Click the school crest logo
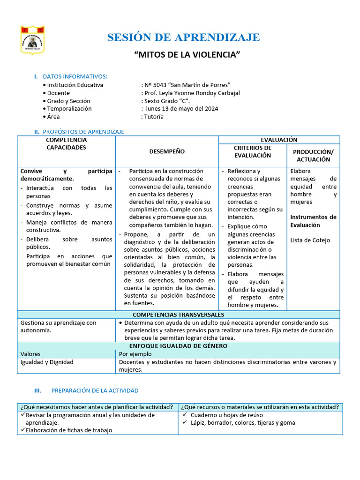pyautogui.click(x=32, y=41)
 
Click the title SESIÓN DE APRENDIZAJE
pyautogui.click(x=183, y=37)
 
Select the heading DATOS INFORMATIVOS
pyautogui.click(x=75, y=76)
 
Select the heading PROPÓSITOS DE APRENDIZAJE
pyautogui.click(x=83, y=132)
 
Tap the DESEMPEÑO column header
pyautogui.click(x=167, y=151)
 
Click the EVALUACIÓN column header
pyautogui.click(x=279, y=140)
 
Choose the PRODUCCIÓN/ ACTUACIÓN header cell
pyautogui.click(x=313, y=156)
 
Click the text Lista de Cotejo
pyautogui.click(x=310, y=240)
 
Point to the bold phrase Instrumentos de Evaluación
pyautogui.click(x=313, y=221)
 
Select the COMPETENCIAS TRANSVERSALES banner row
pyautogui.click(x=179, y=315)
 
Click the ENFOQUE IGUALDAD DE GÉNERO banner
pyautogui.click(x=179, y=346)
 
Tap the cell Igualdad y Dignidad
pyautogui.click(x=47, y=362)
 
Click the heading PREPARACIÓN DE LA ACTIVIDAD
pyautogui.click(x=95, y=390)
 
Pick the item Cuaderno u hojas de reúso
pyautogui.click(x=226, y=415)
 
